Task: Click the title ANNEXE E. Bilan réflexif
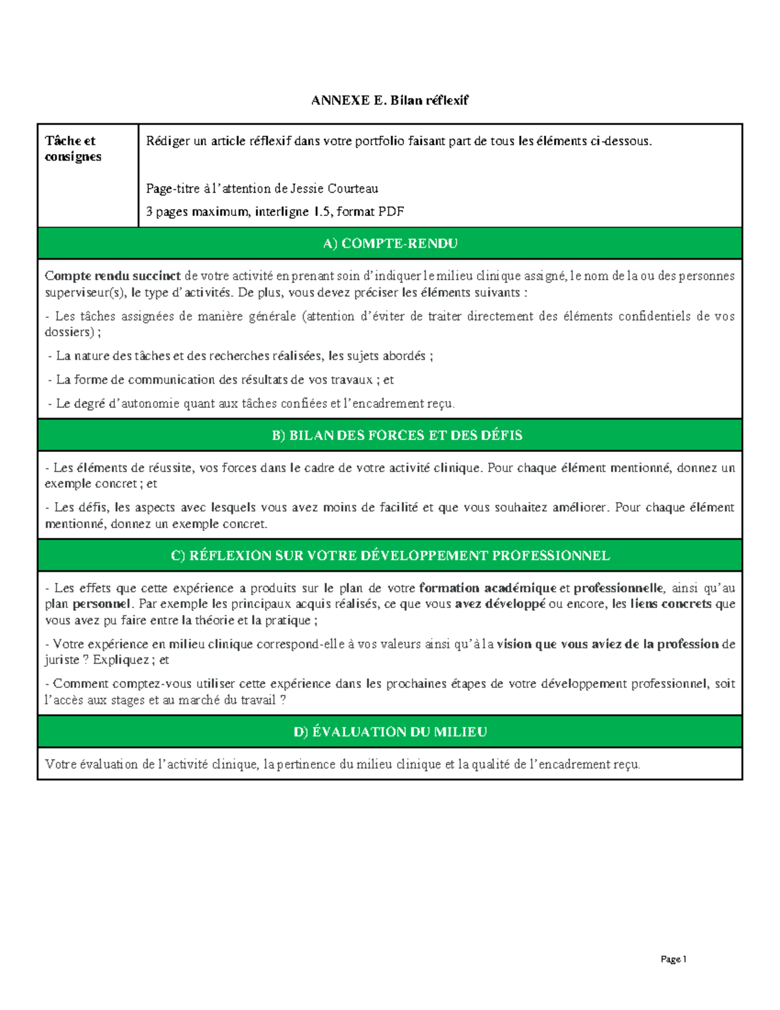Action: tap(389, 100)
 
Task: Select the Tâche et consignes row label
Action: tap(72, 148)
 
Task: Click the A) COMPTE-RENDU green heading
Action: tap(390, 243)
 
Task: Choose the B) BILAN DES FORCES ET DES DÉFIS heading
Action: tap(396, 435)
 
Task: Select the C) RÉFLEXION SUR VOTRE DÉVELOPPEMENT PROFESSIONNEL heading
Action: tap(390, 555)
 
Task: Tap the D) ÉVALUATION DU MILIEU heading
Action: tap(390, 732)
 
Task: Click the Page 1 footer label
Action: tap(673, 959)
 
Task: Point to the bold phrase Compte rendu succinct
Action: tap(112, 276)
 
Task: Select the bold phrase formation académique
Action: tap(487, 588)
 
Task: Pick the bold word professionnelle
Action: tap(618, 588)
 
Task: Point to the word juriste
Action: tap(62, 660)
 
